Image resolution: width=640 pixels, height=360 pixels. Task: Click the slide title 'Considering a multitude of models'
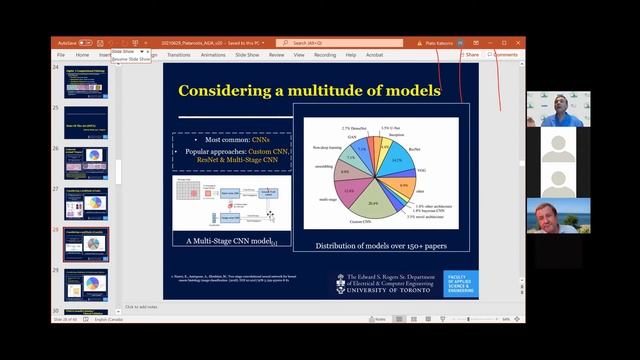tap(309, 91)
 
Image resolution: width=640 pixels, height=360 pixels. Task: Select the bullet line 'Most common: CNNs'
tap(231, 140)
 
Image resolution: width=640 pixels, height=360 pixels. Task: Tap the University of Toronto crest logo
tap(341, 283)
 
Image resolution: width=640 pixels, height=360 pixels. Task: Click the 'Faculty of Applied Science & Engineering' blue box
tap(460, 283)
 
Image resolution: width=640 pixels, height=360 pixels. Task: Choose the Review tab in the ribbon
tap(276, 55)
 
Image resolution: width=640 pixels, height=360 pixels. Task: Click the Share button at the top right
tap(469, 55)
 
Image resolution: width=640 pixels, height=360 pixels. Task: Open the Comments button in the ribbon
tap(503, 55)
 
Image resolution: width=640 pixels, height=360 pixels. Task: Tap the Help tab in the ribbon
tap(351, 55)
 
